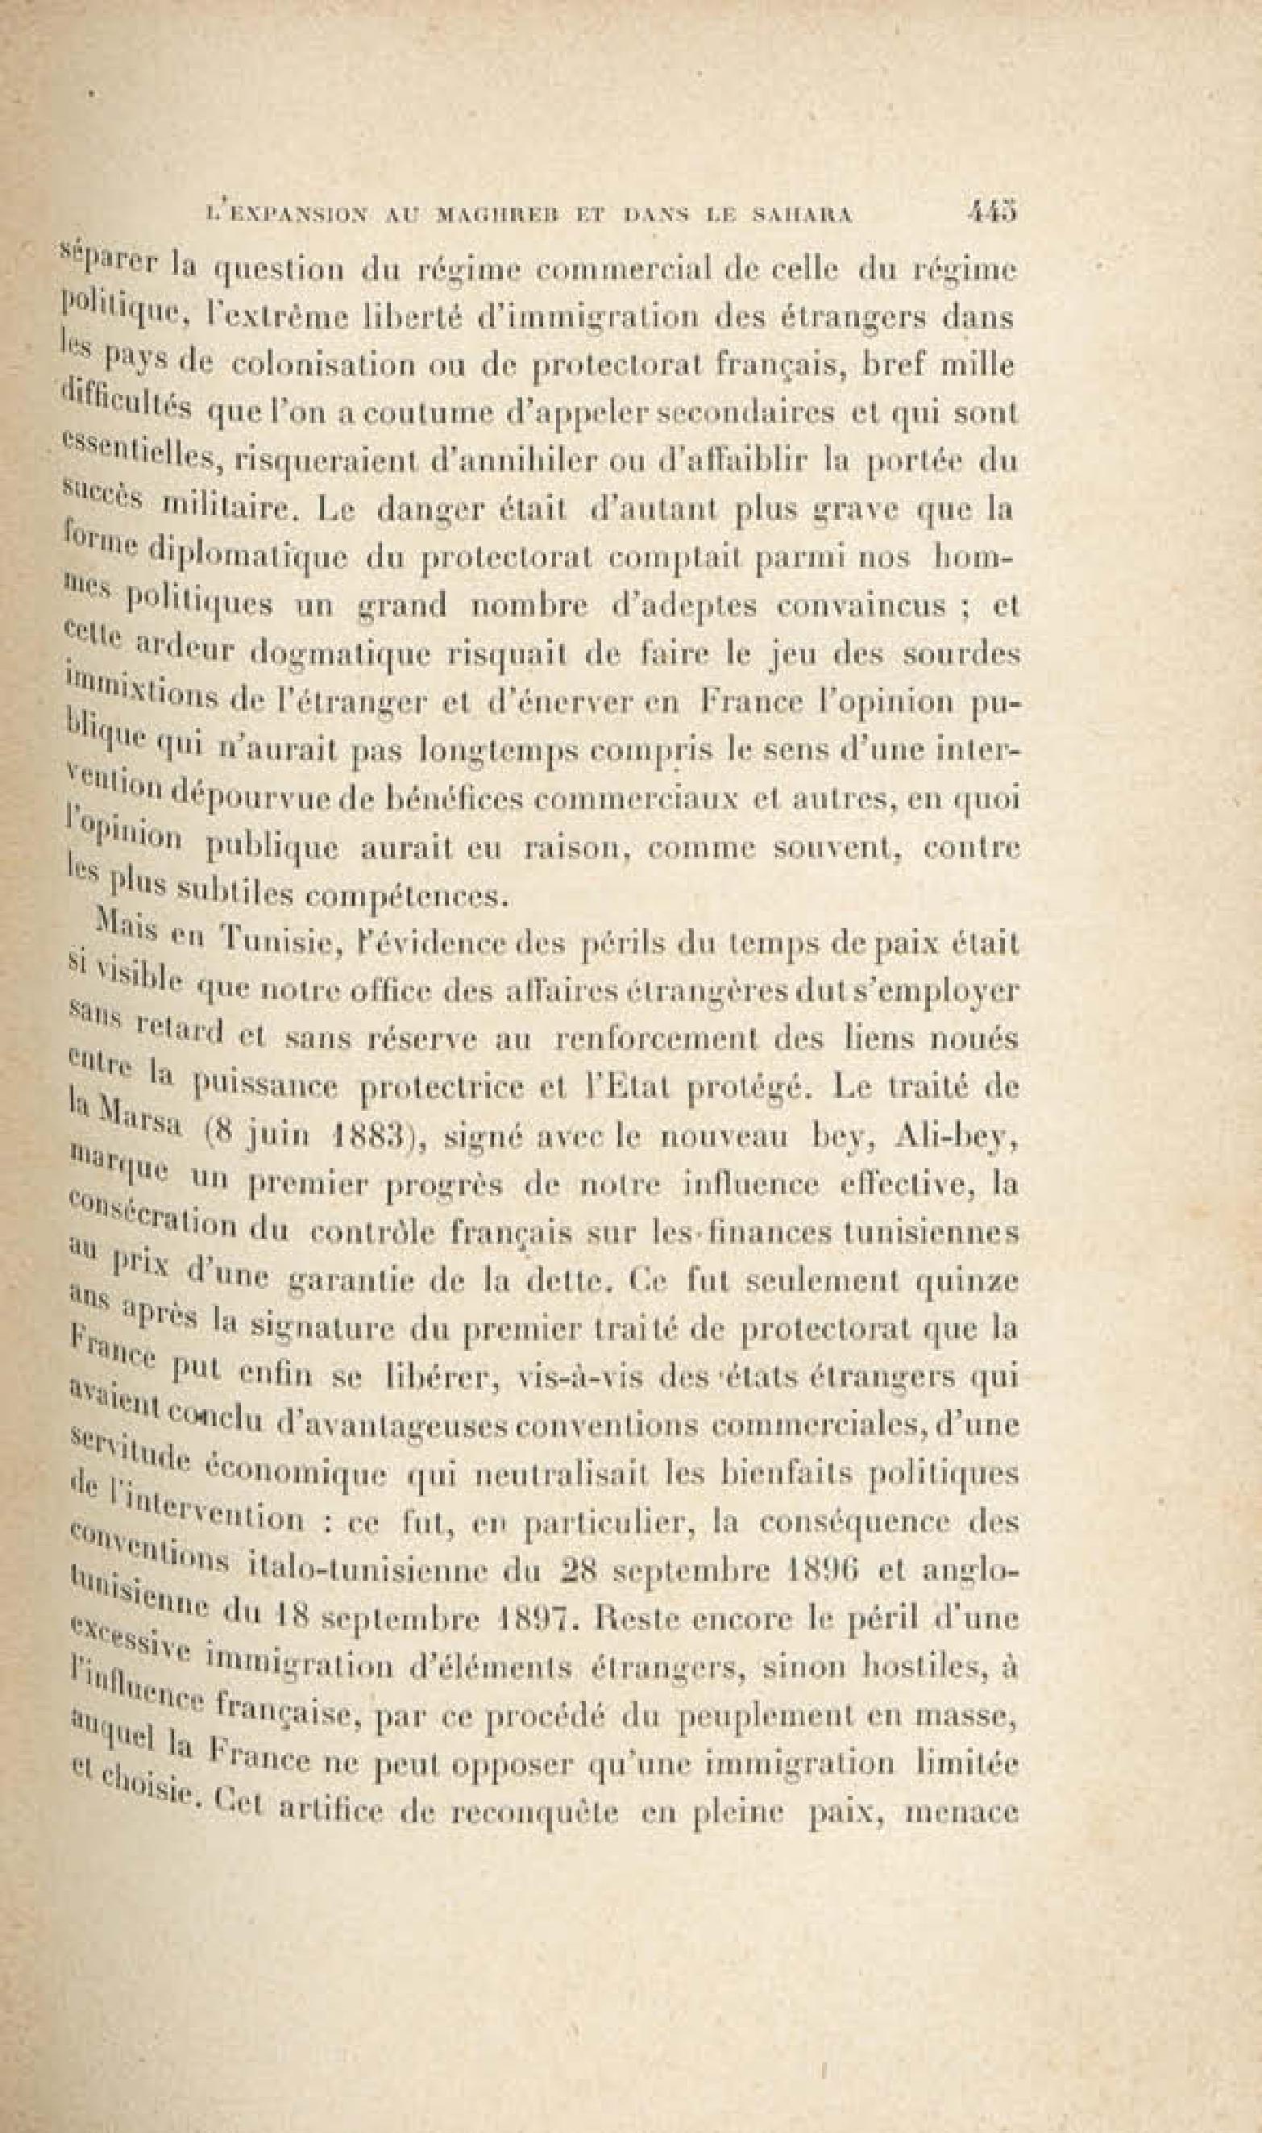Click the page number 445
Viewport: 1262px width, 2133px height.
[992, 210]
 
